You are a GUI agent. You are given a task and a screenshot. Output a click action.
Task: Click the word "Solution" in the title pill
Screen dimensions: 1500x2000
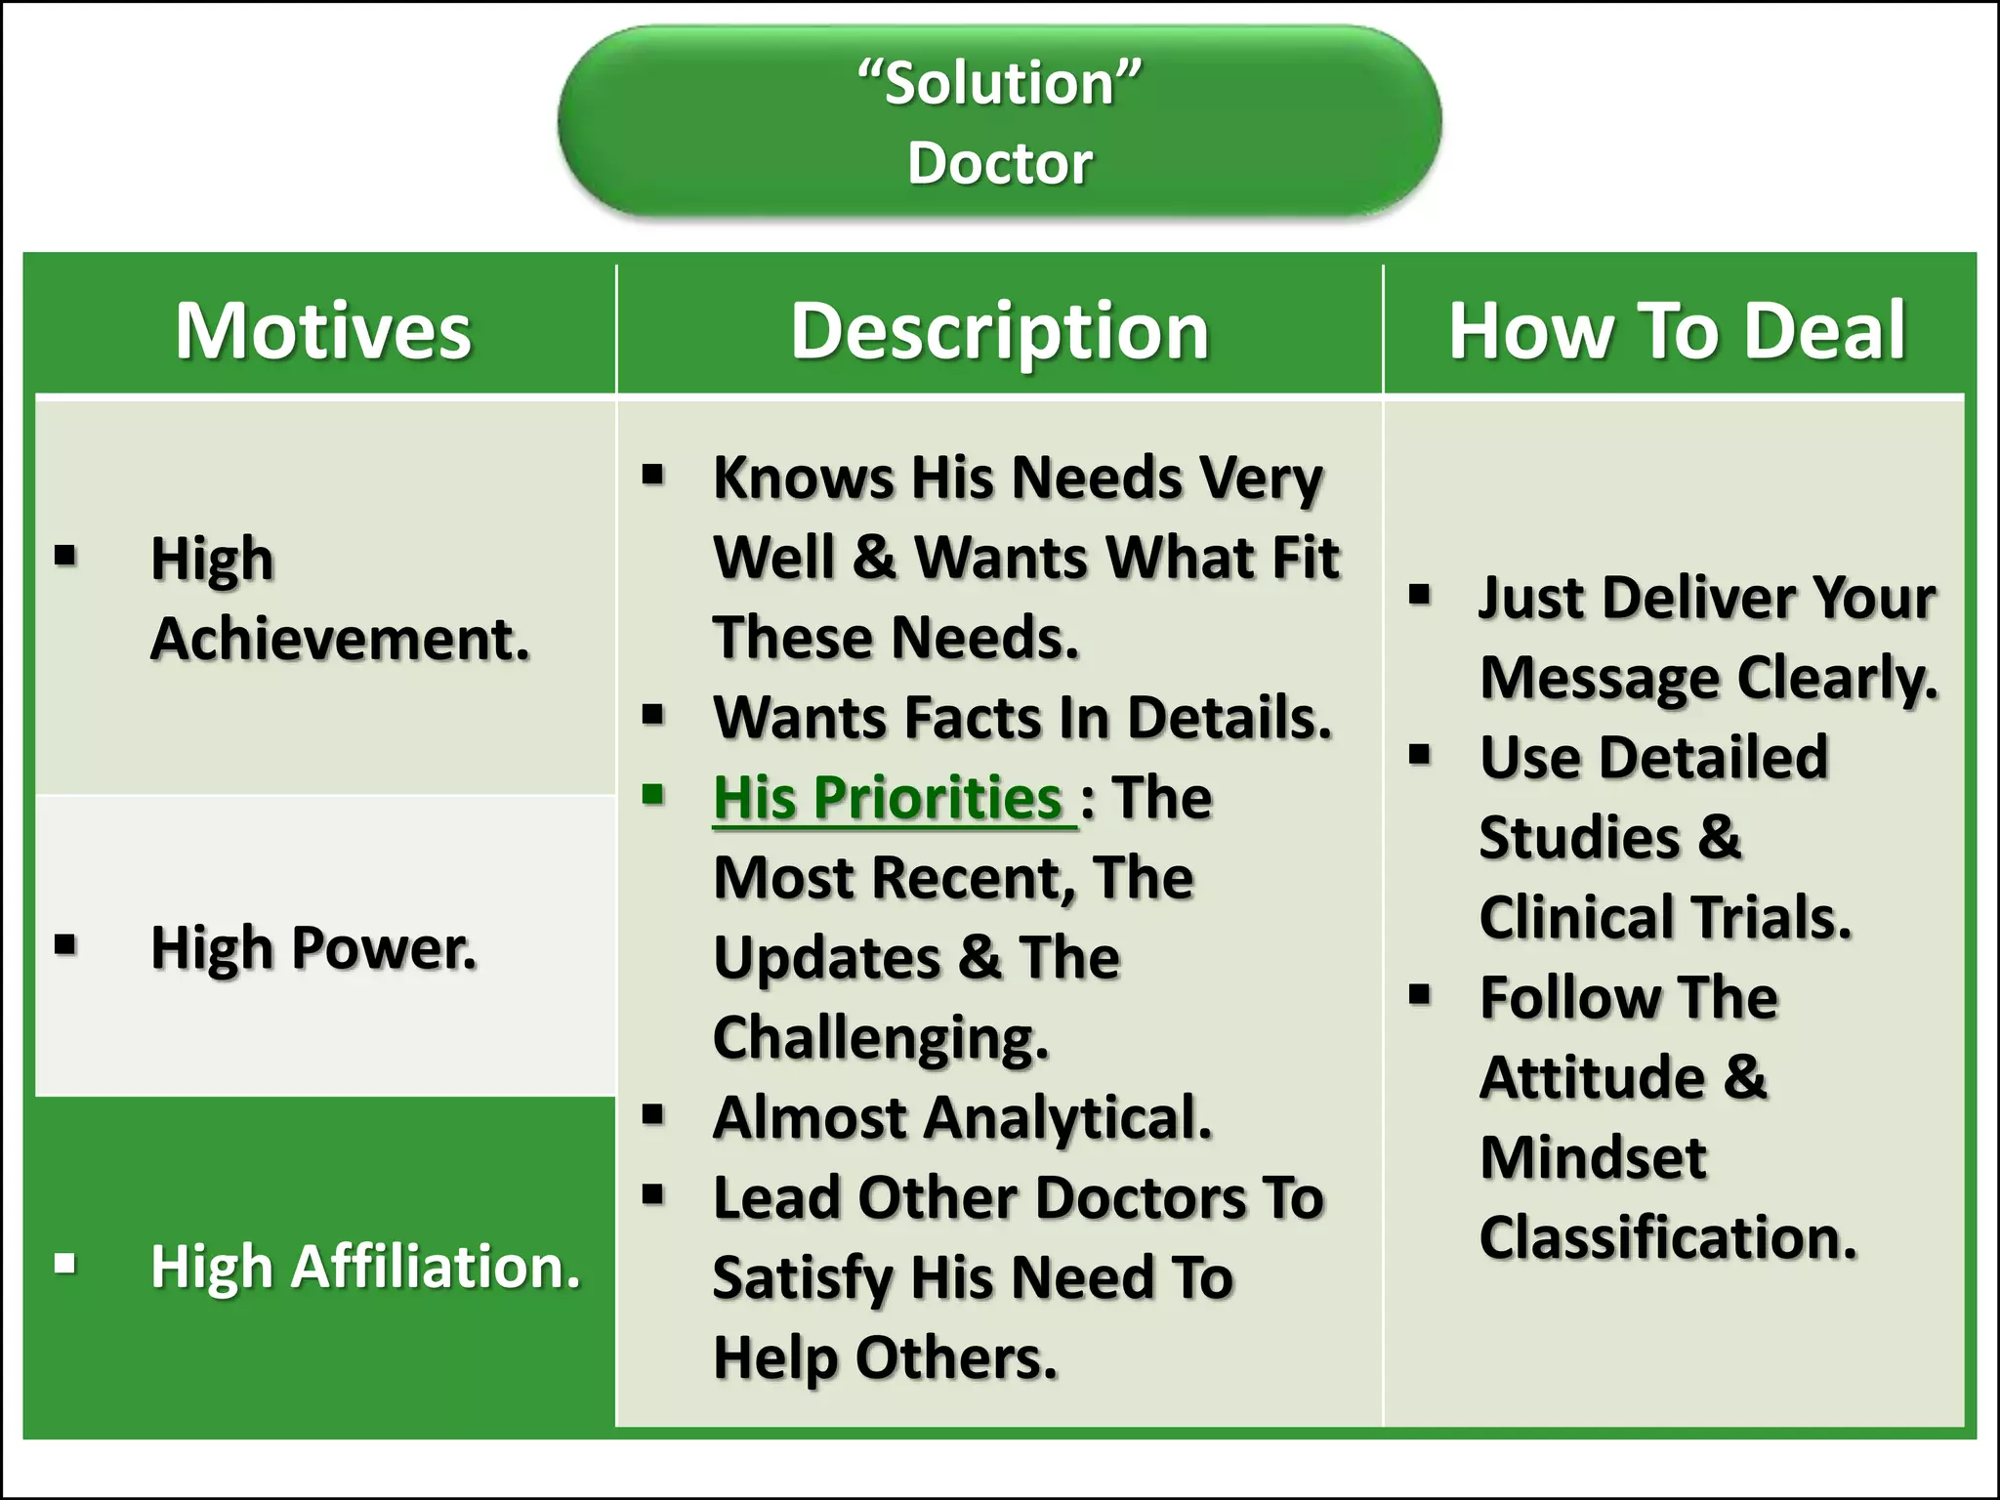pyautogui.click(x=999, y=84)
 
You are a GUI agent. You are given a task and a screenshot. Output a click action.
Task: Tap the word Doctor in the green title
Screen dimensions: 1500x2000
pyautogui.click(x=999, y=163)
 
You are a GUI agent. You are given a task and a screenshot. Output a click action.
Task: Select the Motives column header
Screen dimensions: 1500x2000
pyautogui.click(x=323, y=331)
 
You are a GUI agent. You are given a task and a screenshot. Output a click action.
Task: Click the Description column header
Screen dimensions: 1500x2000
pyautogui.click(x=999, y=331)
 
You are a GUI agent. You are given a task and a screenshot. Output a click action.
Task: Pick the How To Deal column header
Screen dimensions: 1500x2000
pyautogui.click(x=1676, y=331)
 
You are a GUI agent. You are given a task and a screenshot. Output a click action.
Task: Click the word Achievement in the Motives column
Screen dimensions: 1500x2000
pyautogui.click(x=340, y=640)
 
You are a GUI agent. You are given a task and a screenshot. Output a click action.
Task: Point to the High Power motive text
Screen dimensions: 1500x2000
pyautogui.click(x=313, y=947)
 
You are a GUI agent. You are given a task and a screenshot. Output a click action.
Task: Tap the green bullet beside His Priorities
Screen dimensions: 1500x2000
pyautogui.click(x=653, y=793)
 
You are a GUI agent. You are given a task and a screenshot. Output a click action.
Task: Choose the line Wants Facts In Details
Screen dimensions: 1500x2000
pyautogui.click(x=1022, y=718)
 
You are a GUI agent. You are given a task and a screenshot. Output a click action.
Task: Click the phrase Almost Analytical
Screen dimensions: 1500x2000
pyautogui.click(x=962, y=1117)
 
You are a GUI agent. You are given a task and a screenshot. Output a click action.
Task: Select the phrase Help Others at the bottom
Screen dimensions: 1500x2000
pyautogui.click(x=885, y=1357)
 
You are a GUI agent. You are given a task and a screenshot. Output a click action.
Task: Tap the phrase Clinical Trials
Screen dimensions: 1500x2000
pyautogui.click(x=1665, y=918)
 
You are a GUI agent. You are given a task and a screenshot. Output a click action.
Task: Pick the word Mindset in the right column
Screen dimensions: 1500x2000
pyautogui.click(x=1593, y=1158)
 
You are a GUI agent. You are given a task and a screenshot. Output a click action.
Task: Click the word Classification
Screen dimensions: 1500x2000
pyautogui.click(x=1667, y=1238)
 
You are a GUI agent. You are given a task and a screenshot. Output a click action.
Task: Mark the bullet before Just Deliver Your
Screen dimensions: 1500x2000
pyautogui.click(x=1420, y=593)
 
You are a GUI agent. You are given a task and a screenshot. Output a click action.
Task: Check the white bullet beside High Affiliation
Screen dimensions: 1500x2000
pyautogui.click(x=65, y=1264)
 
